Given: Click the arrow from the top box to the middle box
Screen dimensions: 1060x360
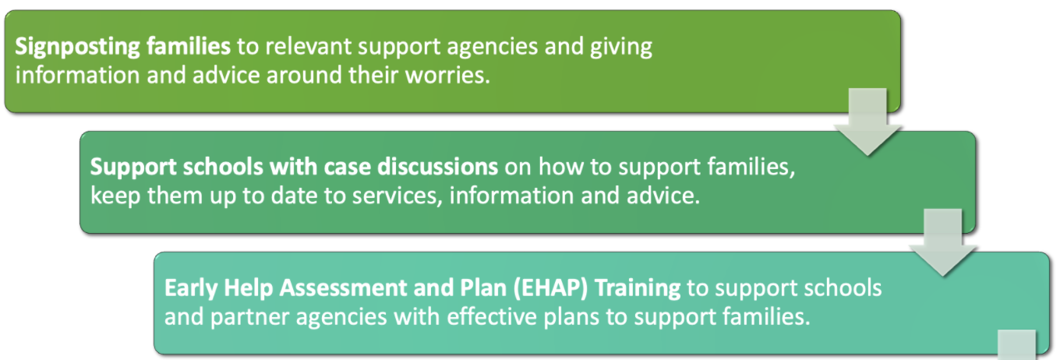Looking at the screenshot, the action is tap(867, 122).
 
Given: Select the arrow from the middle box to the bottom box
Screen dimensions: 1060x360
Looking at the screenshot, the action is tap(942, 242).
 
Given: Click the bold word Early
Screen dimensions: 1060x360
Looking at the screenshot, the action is tap(191, 288).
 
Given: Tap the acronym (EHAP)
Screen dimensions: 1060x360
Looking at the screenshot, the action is tap(550, 288).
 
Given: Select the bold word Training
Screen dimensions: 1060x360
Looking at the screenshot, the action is tap(638, 288).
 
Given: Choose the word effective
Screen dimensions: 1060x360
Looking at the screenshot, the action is tap(491, 316).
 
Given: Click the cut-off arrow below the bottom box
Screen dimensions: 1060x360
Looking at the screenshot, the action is tap(1016, 345).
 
